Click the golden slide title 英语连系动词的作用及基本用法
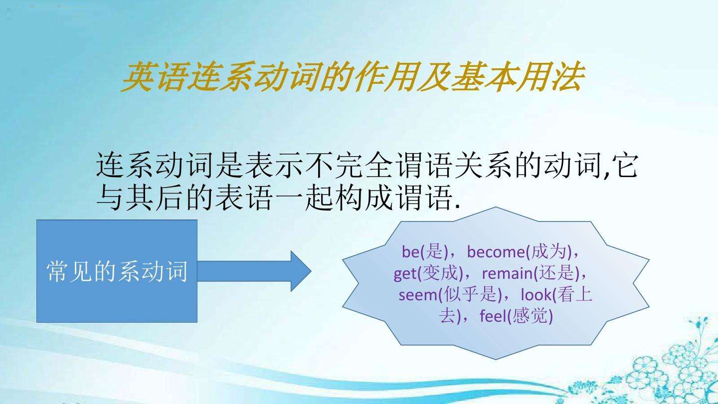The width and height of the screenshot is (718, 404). click(353, 77)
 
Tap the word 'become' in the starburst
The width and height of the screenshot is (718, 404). click(496, 252)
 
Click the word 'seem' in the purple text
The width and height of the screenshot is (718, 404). click(418, 295)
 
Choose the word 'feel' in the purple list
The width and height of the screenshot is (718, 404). click(494, 316)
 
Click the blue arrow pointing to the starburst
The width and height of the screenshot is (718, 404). click(254, 271)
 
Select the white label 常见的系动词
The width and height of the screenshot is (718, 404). click(117, 271)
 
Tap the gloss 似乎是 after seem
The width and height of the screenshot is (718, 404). click(470, 295)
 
